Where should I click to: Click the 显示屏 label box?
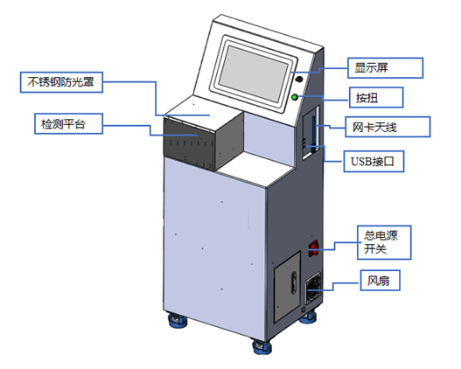point(386,67)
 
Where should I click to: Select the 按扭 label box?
point(379,95)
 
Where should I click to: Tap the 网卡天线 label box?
point(386,128)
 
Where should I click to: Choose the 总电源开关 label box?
point(386,242)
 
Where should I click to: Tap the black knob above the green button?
point(300,77)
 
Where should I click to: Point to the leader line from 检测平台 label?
point(127,127)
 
